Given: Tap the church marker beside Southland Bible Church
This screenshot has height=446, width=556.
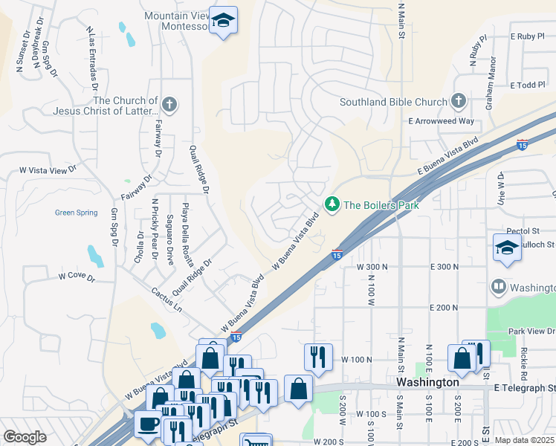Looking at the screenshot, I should pos(459,102).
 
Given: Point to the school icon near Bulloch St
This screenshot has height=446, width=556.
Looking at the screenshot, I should pos(507,248).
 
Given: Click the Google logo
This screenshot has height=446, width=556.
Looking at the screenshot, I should pos(25,437).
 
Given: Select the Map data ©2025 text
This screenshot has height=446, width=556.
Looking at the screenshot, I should pos(524,440).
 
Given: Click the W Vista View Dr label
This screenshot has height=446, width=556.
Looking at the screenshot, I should pos(48,170).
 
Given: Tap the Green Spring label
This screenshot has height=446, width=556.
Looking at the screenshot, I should pos(76,213).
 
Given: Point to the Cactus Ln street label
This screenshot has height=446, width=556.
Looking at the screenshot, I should pos(166,300).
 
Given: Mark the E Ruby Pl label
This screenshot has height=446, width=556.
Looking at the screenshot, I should pos(528,36).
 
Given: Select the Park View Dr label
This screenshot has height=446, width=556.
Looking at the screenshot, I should pos(526,332).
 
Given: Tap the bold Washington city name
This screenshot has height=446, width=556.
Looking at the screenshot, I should pos(427,381).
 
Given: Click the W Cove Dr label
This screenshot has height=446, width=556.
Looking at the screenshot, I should pos(77,277).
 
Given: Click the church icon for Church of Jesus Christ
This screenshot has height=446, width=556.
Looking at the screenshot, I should pos(169,104).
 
